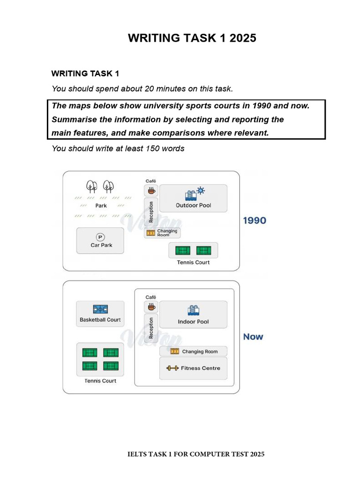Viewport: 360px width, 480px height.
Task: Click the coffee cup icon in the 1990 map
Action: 151,190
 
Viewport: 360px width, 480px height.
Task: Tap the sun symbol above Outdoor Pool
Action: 201,191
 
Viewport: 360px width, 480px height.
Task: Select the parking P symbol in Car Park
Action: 100,237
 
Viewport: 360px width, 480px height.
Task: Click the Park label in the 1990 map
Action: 101,206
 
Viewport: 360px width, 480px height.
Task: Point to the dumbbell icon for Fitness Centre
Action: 172,368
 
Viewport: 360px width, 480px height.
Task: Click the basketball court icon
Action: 100,309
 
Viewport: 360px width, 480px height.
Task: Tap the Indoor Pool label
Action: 193,322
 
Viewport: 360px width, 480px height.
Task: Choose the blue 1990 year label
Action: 255,220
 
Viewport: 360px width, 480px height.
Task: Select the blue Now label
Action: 253,337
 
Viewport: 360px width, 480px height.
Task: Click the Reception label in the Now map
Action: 151,328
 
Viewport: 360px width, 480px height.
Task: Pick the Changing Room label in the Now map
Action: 200,352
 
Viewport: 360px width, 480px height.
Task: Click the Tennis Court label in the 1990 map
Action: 193,262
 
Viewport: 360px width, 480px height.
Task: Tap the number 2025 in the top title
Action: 243,38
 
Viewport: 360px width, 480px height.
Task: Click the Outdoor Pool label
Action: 194,205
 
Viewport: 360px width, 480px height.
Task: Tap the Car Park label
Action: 101,245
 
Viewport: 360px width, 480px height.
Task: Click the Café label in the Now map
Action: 150,297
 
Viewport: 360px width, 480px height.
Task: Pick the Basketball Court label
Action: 100,320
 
